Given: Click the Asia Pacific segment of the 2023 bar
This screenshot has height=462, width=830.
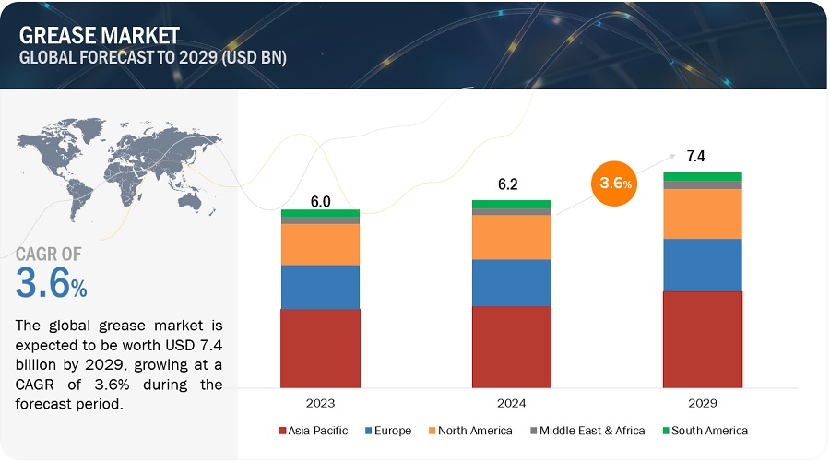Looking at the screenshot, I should (320, 348).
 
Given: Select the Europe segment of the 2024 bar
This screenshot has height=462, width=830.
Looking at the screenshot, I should (511, 282).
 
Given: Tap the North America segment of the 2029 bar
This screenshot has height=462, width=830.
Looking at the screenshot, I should (702, 214).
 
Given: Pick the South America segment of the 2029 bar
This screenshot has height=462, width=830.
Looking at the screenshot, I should (702, 176).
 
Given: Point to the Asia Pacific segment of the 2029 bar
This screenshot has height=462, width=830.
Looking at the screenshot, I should (702, 338).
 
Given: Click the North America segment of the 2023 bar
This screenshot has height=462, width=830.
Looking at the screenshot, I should (320, 244).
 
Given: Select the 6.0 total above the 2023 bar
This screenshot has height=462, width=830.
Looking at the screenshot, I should (320, 200).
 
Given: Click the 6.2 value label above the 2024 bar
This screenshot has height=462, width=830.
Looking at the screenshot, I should (507, 184).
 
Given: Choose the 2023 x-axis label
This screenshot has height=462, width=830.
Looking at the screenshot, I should (320, 404).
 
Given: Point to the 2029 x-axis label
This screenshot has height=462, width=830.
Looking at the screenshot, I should (702, 404).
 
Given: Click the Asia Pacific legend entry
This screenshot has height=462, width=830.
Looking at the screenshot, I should (314, 431).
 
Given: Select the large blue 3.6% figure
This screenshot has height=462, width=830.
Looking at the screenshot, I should (52, 283).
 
